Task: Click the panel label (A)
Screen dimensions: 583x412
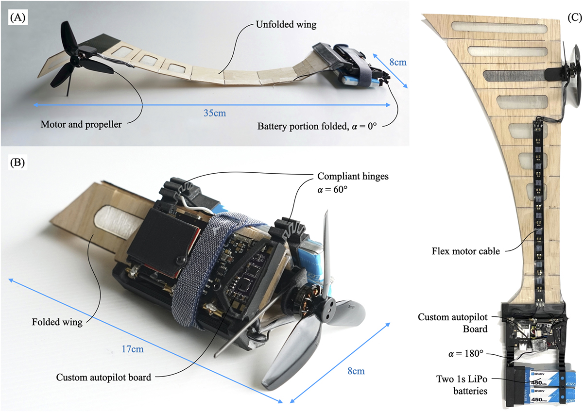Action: pos(17,17)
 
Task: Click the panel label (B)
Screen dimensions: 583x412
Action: pos(17,163)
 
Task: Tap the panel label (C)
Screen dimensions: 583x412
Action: pos(574,17)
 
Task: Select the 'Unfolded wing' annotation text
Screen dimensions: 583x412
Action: pos(286,24)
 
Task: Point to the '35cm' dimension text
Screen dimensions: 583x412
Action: pos(215,113)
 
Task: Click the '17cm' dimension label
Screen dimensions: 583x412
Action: pos(133,349)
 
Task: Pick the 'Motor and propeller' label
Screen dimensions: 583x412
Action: pos(81,125)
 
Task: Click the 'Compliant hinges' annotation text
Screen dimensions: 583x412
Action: pos(353,177)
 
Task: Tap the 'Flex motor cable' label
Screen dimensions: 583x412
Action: pos(465,251)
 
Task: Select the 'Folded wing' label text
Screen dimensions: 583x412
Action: pos(57,322)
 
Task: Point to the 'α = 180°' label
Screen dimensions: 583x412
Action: pos(465,354)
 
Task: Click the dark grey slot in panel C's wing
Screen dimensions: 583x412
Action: pos(514,76)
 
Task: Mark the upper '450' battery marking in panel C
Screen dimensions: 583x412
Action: pos(537,382)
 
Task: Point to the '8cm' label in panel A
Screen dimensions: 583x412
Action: pos(398,63)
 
